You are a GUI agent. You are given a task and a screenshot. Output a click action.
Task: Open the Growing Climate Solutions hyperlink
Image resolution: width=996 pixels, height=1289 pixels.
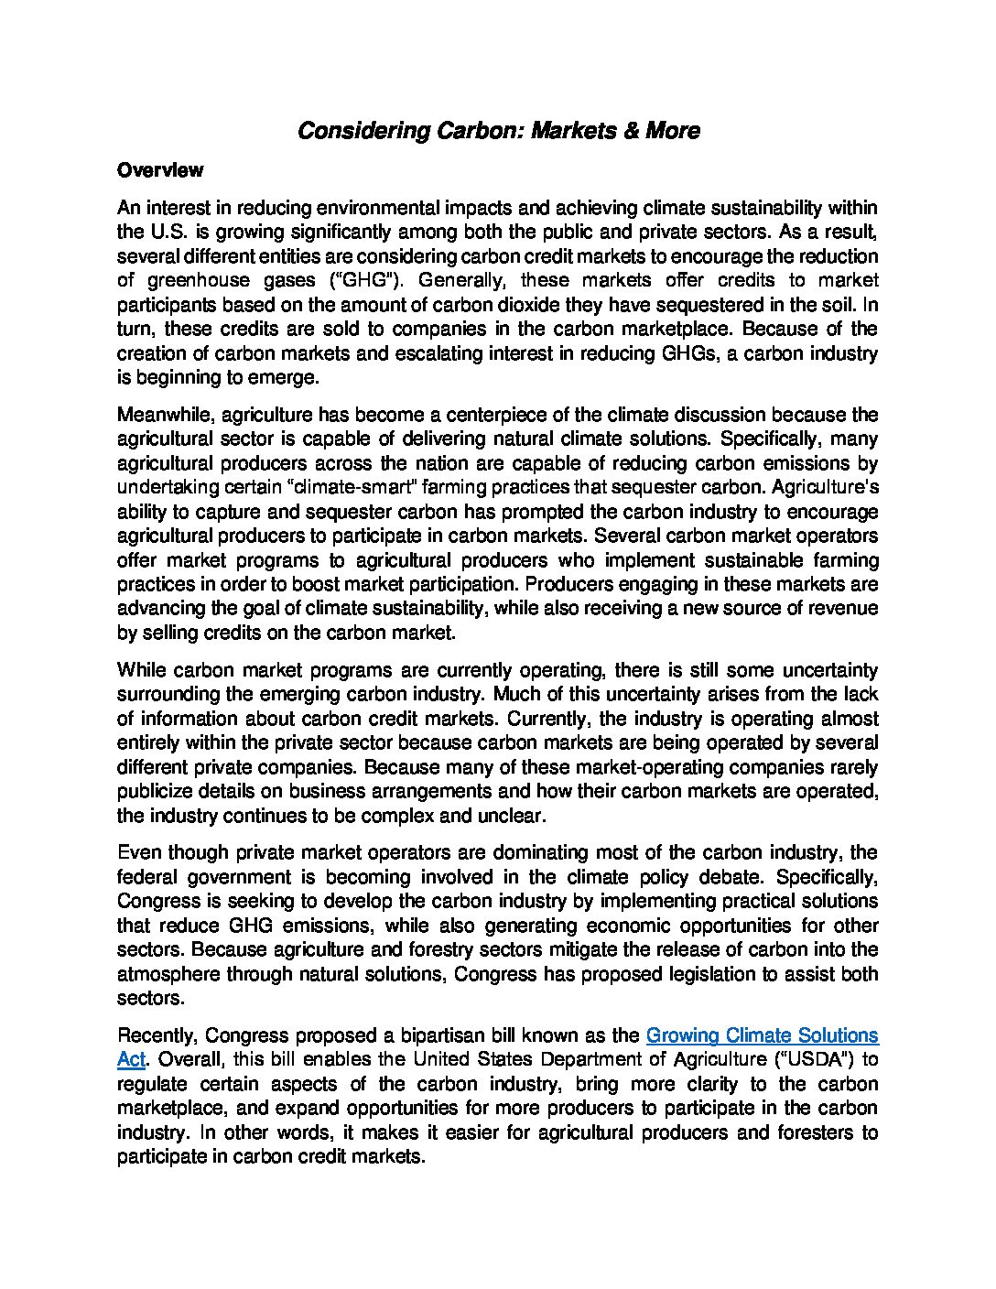click(x=762, y=1035)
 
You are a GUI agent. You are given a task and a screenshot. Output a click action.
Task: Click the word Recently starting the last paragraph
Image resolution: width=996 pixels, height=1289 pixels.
click(x=157, y=1035)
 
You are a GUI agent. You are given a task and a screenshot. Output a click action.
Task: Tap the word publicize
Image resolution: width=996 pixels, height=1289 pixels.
click(x=155, y=790)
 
